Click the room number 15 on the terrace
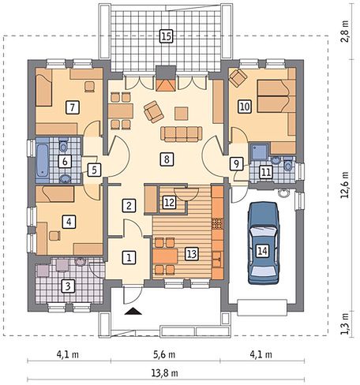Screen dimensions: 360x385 click(167, 36)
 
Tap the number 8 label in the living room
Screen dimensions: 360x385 click(167, 159)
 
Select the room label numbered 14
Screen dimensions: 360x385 click(262, 251)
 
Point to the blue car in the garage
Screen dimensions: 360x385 click(264, 243)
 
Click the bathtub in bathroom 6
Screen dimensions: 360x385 click(42, 160)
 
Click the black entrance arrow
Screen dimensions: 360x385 click(134, 312)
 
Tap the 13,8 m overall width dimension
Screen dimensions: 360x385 click(165, 373)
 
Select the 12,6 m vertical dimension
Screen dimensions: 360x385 click(345, 185)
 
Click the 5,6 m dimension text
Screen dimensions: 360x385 click(164, 355)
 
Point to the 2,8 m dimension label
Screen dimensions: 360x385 click(345, 31)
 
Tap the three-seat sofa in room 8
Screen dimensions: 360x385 click(182, 134)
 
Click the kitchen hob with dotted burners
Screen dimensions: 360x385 click(217, 224)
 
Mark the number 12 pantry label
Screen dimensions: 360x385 click(169, 202)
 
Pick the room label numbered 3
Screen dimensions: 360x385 click(68, 286)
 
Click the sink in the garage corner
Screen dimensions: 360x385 click(284, 193)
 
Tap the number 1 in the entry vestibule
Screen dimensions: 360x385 click(129, 257)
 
